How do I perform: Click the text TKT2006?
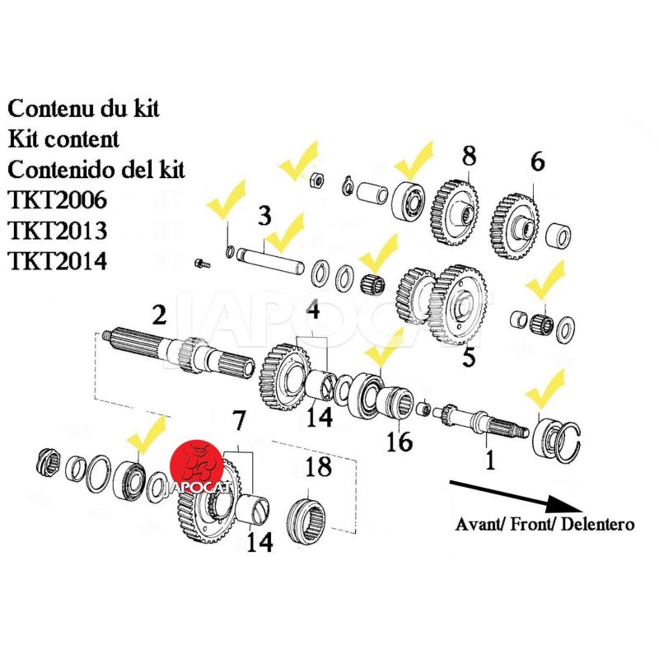58,200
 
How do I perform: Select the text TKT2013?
58,231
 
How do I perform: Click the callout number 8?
469,156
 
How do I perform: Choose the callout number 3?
264,217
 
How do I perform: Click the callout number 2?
159,314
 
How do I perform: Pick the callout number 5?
469,358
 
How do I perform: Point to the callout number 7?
239,424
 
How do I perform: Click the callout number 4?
313,311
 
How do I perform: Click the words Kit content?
63,139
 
